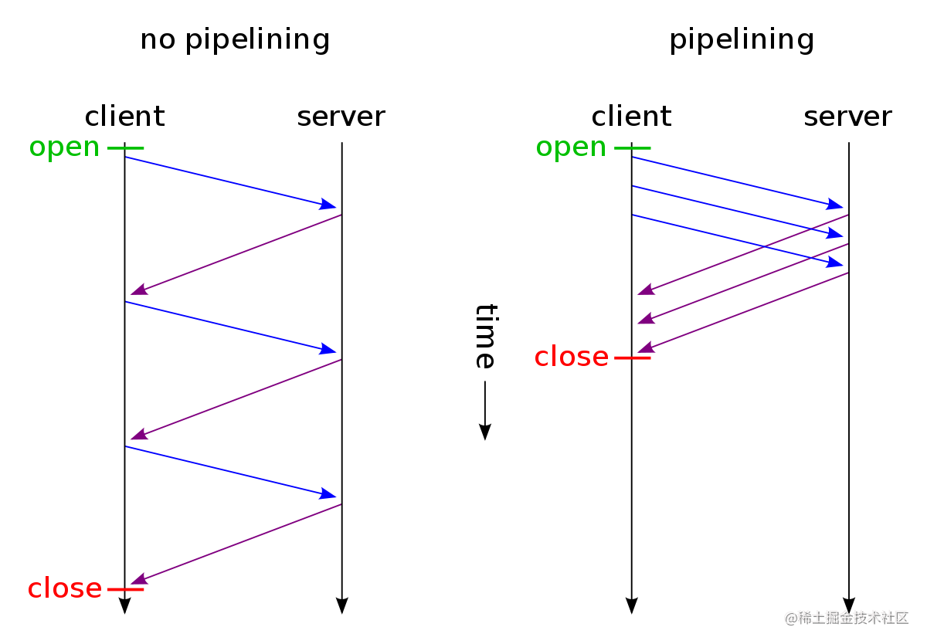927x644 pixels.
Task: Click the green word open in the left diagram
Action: click(64, 147)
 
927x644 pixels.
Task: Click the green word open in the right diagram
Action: click(571, 147)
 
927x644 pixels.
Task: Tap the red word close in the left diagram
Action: click(64, 588)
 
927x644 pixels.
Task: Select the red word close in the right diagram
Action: click(571, 357)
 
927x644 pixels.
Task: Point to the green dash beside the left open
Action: click(125, 147)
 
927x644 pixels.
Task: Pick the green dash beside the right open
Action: click(632, 147)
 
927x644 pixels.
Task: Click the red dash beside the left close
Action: click(125, 589)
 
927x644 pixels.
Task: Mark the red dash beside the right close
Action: click(632, 358)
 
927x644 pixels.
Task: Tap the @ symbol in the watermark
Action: click(789, 617)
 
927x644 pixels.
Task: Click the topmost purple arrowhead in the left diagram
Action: click(138, 290)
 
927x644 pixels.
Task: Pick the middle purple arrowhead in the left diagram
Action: click(138, 435)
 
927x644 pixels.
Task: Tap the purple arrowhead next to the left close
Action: click(138, 579)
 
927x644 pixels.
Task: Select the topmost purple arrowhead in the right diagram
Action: click(645, 290)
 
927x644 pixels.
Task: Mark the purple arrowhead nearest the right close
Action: click(645, 348)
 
